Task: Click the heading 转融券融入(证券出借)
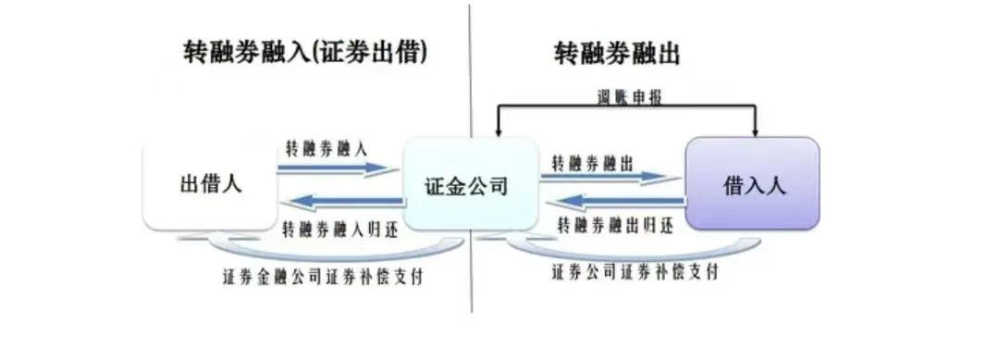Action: point(305,53)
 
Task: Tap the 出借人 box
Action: point(210,183)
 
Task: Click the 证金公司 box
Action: point(471,184)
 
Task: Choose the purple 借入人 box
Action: point(751,183)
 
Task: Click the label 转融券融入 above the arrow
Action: point(327,147)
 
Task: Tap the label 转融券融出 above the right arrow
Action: point(593,162)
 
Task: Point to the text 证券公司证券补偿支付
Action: point(635,272)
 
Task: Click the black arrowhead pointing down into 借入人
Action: point(756,130)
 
